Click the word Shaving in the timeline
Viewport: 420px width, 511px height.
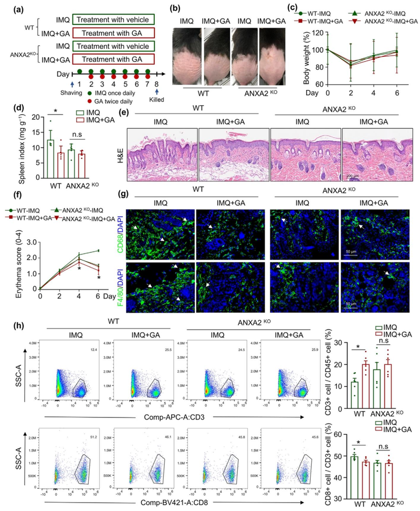pos(70,89)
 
